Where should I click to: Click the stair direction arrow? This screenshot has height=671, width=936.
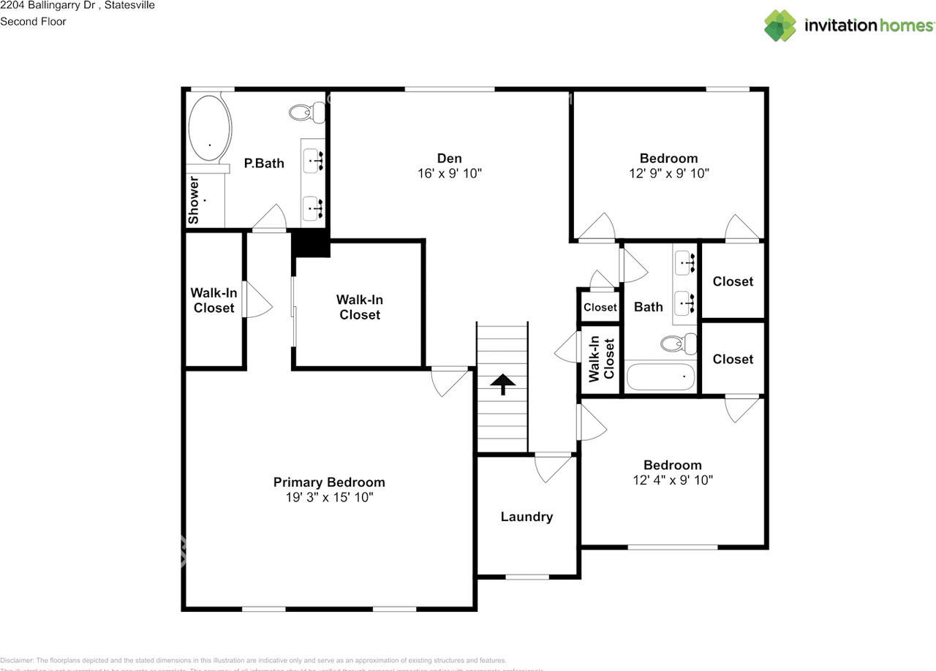[x=502, y=384]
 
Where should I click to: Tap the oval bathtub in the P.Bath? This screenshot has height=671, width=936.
[x=210, y=128]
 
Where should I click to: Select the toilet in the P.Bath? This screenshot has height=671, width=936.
[x=307, y=113]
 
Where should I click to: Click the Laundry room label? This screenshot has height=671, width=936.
[x=526, y=517]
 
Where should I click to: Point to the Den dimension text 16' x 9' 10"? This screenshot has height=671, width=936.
[x=449, y=174]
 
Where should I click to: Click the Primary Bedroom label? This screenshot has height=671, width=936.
[x=329, y=482]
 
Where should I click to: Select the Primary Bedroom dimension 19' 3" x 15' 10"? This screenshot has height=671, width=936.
[x=329, y=498]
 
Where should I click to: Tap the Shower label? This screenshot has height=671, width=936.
[x=194, y=200]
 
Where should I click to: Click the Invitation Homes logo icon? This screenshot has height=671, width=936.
[x=780, y=26]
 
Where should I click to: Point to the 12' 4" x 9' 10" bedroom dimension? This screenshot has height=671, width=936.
[x=673, y=480]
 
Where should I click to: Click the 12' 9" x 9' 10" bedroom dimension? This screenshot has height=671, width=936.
[x=668, y=174]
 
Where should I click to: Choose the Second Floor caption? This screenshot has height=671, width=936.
[x=33, y=21]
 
